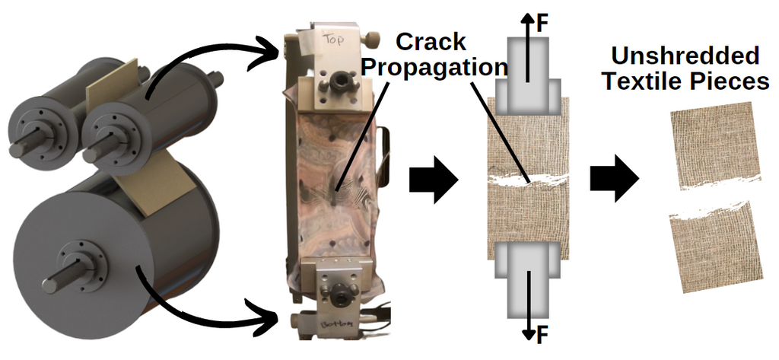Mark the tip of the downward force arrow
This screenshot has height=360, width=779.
pyautogui.click(x=529, y=341)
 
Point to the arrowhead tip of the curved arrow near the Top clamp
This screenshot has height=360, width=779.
pyautogui.click(x=283, y=49)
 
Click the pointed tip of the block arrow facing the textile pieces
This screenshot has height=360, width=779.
pyautogui.click(x=639, y=179)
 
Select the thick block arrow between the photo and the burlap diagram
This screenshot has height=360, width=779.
pyautogui.click(x=434, y=180)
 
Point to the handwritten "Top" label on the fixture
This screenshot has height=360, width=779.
pyautogui.click(x=332, y=39)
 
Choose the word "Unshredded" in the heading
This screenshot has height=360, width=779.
pyautogui.click(x=685, y=56)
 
